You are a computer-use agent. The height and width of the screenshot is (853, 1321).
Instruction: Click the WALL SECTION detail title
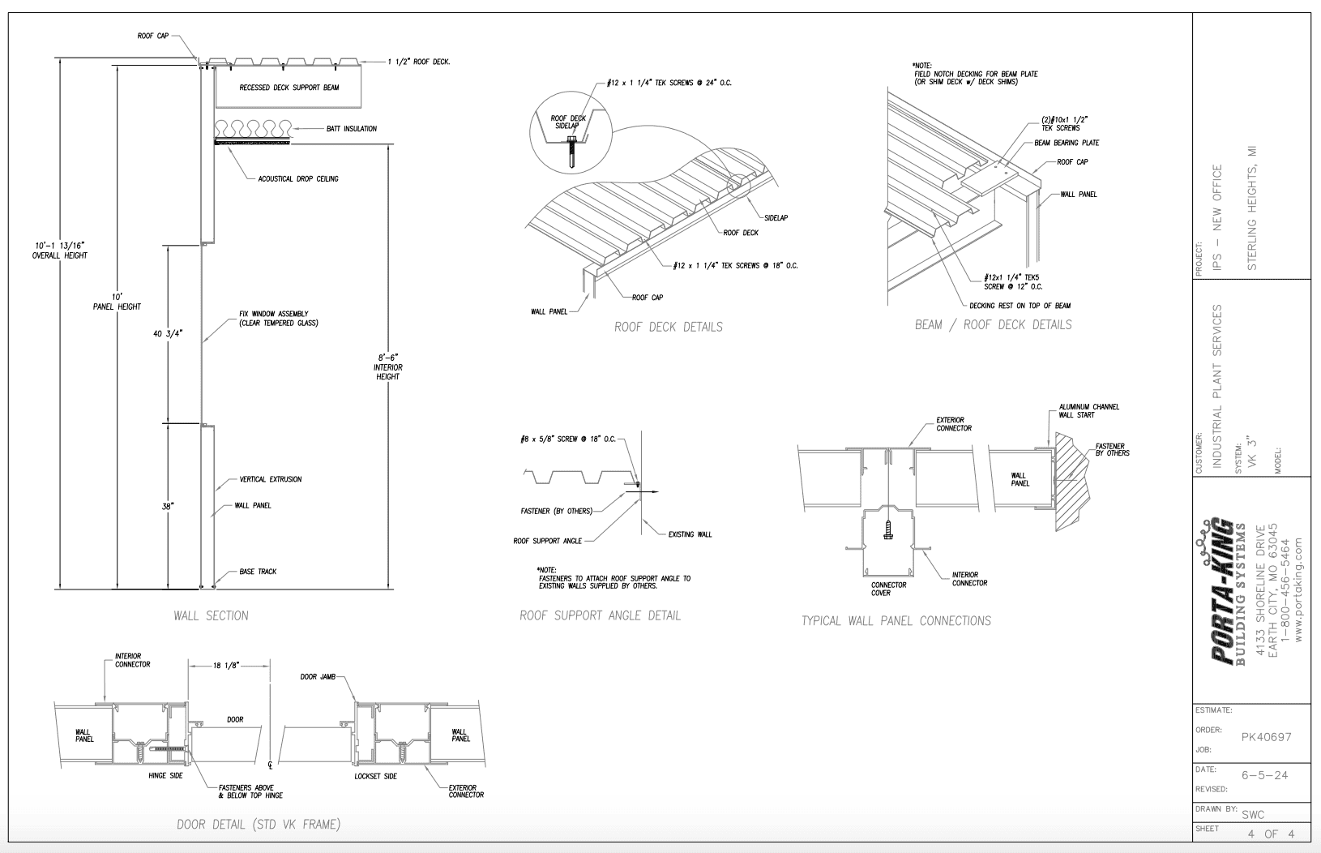point(211,615)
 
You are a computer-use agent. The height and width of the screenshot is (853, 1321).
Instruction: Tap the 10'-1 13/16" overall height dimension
point(60,250)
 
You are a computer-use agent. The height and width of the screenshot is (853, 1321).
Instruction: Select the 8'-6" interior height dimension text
point(387,366)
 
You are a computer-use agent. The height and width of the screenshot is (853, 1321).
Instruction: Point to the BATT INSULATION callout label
point(351,129)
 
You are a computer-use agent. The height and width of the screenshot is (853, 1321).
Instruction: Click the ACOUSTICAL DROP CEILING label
point(298,178)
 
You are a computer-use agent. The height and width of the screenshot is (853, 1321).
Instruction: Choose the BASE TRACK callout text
point(258,572)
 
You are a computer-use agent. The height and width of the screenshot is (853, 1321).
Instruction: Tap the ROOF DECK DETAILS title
point(668,327)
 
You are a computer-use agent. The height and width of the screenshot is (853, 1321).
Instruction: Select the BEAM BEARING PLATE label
point(1067,143)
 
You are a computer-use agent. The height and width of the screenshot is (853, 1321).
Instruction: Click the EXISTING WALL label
point(690,534)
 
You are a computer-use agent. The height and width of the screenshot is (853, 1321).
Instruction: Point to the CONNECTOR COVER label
point(888,589)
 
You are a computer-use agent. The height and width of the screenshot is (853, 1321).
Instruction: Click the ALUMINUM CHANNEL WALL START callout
point(1088,411)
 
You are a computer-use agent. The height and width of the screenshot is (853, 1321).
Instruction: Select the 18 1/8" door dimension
point(224,666)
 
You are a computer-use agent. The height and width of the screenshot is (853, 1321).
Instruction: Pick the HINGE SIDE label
point(165,776)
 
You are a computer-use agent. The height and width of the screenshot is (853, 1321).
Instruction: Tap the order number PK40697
point(1266,737)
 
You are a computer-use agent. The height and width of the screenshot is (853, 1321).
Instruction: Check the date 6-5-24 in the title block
point(1264,775)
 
